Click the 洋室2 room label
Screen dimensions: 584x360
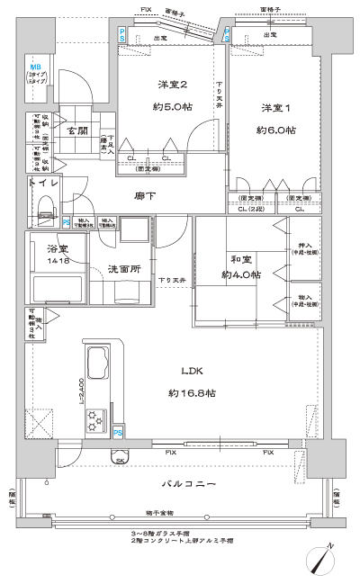tap(173, 85)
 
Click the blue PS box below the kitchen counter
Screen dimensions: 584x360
tap(119, 434)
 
